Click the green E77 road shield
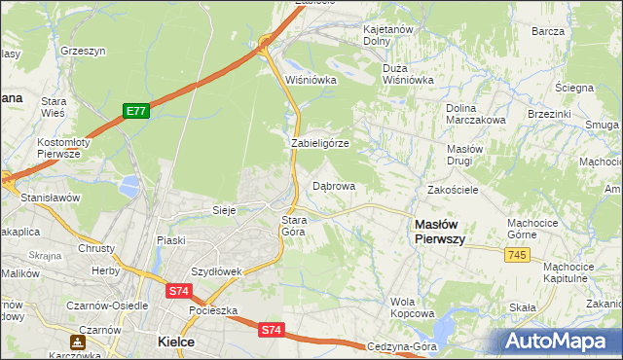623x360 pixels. [x=136, y=112]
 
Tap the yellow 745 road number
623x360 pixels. [x=518, y=254]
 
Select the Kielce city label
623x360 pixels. [x=176, y=342]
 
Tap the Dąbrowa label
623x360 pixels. [x=334, y=185]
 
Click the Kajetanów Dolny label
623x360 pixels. [x=388, y=36]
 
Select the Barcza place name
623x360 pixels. [x=548, y=31]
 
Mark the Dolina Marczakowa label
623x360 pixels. [x=475, y=114]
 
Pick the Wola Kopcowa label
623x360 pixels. [x=412, y=307]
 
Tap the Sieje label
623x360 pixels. [x=226, y=210]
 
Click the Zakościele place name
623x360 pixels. [x=453, y=190]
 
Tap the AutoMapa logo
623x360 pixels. [x=559, y=342]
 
